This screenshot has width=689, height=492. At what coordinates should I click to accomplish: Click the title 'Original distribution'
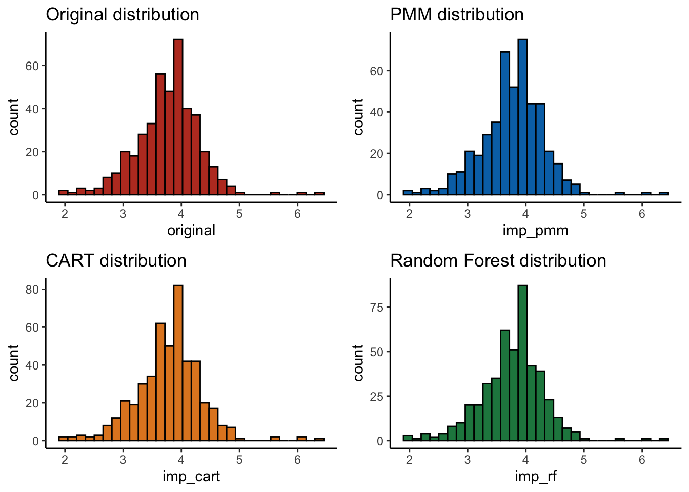click(x=123, y=15)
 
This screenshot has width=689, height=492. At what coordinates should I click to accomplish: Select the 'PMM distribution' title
click(x=457, y=15)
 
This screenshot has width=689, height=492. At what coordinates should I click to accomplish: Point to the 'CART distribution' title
click(x=116, y=261)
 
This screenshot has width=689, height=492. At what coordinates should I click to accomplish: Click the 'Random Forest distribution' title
click(x=498, y=261)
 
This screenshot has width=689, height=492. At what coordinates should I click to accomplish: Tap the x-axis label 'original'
click(x=191, y=231)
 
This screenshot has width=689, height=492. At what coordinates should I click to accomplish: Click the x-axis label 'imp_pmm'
click(x=535, y=231)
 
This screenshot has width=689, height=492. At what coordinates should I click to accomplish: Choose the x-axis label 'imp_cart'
click(x=191, y=477)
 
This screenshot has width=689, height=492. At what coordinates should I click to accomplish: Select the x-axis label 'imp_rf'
click(x=535, y=477)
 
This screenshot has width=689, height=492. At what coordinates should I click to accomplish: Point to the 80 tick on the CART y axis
click(x=32, y=290)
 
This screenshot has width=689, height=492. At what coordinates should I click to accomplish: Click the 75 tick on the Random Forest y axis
click(x=377, y=307)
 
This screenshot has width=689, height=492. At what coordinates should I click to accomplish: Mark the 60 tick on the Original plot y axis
click(x=32, y=66)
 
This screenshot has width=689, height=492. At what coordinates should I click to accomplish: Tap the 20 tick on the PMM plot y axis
click(x=377, y=154)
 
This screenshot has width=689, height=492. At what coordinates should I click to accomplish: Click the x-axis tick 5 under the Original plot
click(x=239, y=214)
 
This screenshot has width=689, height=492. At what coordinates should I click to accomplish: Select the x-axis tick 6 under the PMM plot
click(x=642, y=214)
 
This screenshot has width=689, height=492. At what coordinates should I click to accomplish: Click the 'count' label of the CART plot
click(x=14, y=363)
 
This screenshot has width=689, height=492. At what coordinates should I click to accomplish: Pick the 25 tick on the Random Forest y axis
click(x=377, y=396)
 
